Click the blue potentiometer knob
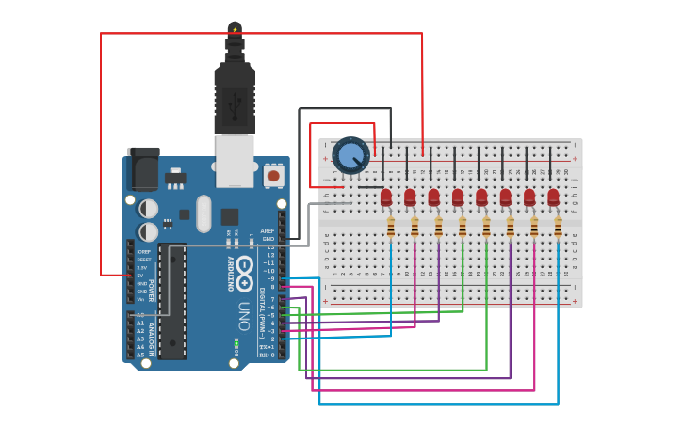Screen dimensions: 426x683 point(350,155)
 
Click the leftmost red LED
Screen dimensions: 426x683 point(386,197)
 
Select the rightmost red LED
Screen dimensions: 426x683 point(554,197)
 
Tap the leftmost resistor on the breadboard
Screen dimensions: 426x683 point(391,228)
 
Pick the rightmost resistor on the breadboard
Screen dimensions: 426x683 point(558,228)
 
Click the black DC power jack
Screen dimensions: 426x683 point(142,169)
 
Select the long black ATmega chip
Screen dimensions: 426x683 point(171,301)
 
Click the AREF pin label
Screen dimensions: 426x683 point(268,230)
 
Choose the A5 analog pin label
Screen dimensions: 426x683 point(140,355)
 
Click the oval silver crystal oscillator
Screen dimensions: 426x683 point(203,213)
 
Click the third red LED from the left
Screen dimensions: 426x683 point(434,197)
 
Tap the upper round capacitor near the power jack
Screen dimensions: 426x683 point(149,208)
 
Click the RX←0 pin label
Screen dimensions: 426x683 point(268,355)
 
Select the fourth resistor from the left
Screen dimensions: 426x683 point(463,228)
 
